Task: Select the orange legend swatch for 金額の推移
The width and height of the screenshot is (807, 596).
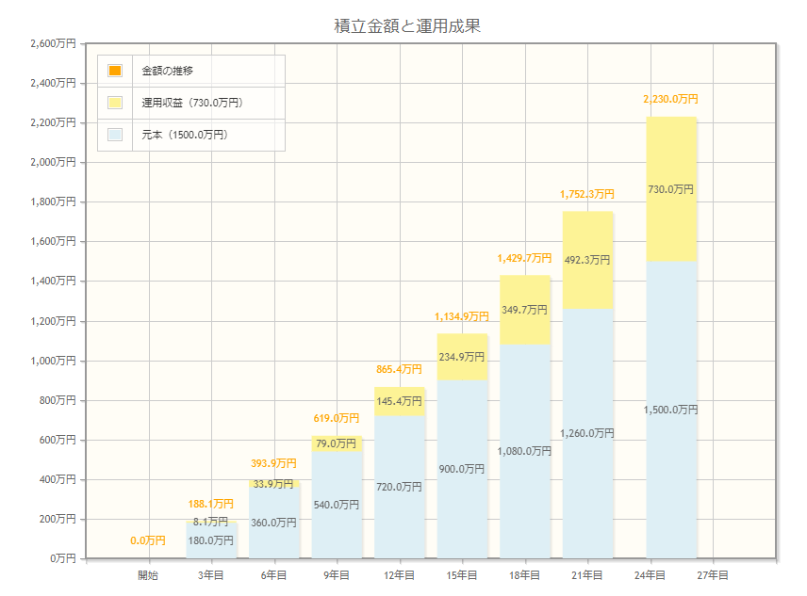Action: pos(115,71)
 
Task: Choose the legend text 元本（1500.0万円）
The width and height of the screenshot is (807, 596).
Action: pos(185,135)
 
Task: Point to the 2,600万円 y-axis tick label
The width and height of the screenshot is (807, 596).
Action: pos(53,43)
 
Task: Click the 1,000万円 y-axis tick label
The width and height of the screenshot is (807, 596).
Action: pos(53,361)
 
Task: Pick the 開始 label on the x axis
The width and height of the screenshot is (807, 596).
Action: pos(148,574)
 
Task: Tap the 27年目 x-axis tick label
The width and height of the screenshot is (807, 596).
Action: pos(713,574)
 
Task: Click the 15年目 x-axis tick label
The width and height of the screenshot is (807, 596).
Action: pos(462,574)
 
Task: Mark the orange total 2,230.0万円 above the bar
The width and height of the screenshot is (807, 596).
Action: pos(670,99)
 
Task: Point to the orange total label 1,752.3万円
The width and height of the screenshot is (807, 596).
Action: pos(586,195)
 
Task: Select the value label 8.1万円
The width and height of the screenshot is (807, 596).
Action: pos(210,521)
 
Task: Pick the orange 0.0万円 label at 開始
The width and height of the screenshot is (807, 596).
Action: pos(148,540)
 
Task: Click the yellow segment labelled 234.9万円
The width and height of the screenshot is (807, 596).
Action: pos(462,357)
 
